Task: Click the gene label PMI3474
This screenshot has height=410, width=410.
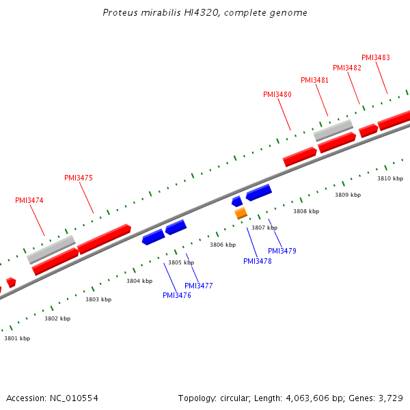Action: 29,201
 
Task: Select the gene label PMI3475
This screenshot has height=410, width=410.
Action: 79,178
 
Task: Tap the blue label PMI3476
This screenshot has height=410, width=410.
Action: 177,295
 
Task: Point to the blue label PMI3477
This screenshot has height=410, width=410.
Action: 199,286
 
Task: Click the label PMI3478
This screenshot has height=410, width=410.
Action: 258,261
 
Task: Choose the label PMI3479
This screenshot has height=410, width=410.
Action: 282,251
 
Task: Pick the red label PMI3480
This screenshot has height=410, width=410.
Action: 277,94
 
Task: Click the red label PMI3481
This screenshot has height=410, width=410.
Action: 314,80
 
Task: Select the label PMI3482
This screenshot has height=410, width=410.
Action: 347,68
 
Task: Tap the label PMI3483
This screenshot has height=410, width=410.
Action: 376,57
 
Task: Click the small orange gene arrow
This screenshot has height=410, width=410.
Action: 241,213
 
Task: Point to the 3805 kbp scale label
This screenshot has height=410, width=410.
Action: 181,262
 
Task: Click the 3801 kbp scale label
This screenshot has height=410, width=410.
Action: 17,338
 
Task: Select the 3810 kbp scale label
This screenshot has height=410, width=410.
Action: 390,178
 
